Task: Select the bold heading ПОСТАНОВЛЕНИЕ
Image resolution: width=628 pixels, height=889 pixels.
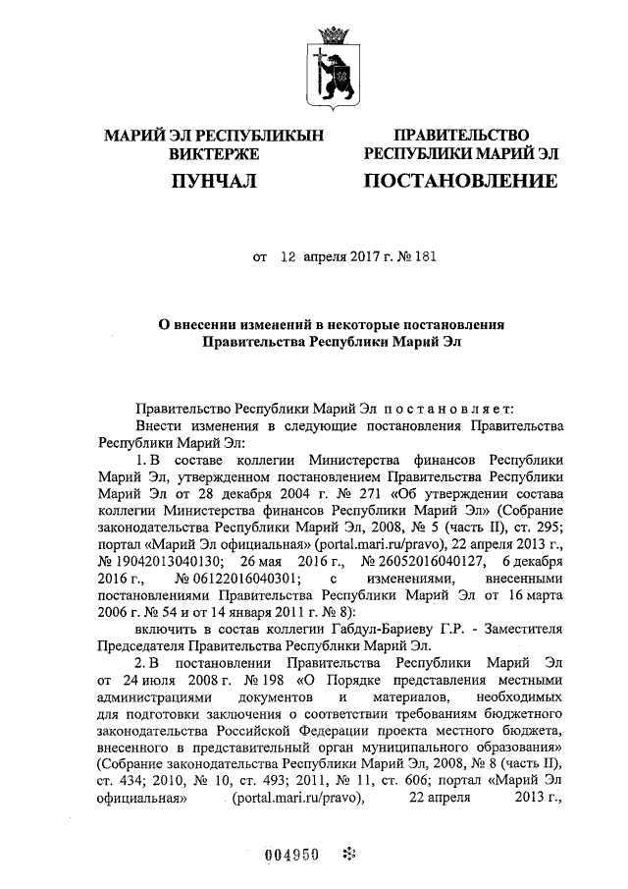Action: tap(460, 181)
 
